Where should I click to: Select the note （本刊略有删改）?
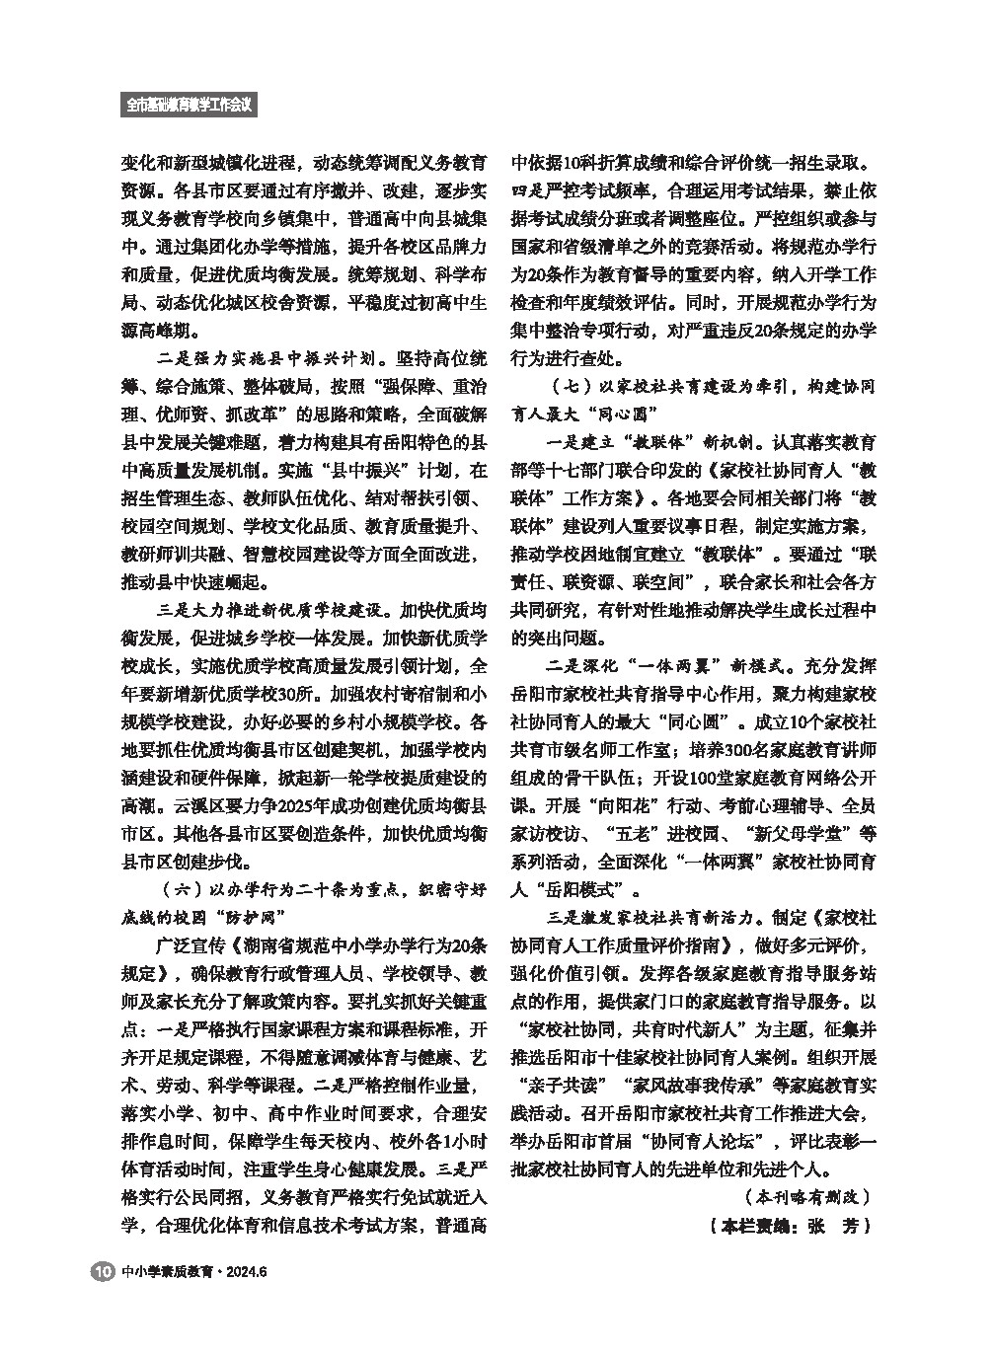(x=806, y=1197)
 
